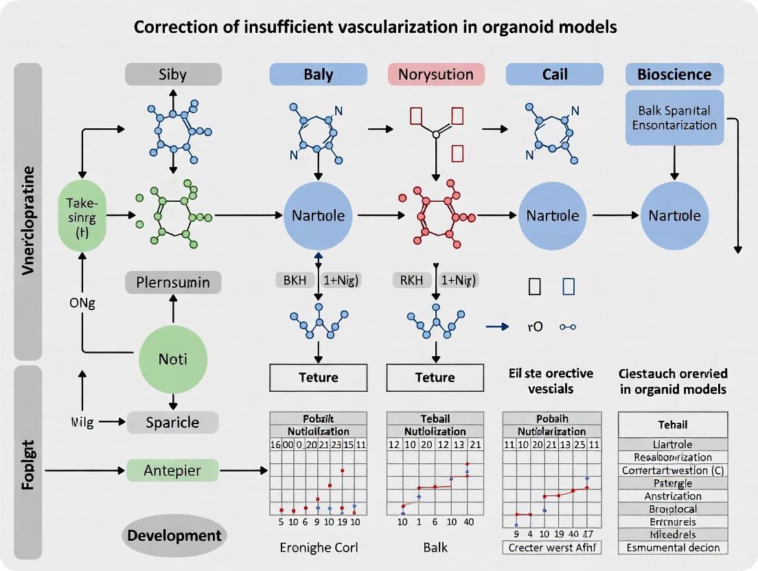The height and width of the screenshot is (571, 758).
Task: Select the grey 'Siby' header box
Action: [x=173, y=74]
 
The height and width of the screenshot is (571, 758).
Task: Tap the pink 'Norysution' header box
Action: [x=436, y=74]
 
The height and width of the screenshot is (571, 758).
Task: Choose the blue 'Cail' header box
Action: [x=554, y=74]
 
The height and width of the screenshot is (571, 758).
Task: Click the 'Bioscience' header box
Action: [x=675, y=74]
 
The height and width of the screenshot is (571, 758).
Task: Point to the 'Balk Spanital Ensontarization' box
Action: [x=675, y=117]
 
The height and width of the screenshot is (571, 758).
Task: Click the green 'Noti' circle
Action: [x=173, y=359]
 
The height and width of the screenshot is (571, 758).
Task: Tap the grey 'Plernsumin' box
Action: [x=173, y=283]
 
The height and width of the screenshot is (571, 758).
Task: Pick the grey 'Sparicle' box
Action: [x=172, y=422]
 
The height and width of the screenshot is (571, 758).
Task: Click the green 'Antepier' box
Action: [x=172, y=471]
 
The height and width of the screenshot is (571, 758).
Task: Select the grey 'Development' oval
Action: [x=173, y=535]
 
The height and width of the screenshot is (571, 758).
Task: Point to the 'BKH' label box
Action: [x=295, y=280]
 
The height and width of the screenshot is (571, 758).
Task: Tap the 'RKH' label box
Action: [x=411, y=280]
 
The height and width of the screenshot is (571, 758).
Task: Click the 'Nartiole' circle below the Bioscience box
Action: [x=674, y=215]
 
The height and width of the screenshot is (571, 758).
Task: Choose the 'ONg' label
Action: [x=82, y=304]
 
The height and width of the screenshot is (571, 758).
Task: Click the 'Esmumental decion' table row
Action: [x=673, y=547]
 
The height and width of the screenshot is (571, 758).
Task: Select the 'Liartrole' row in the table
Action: [x=673, y=444]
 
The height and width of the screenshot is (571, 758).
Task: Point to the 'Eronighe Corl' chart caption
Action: [x=318, y=547]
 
